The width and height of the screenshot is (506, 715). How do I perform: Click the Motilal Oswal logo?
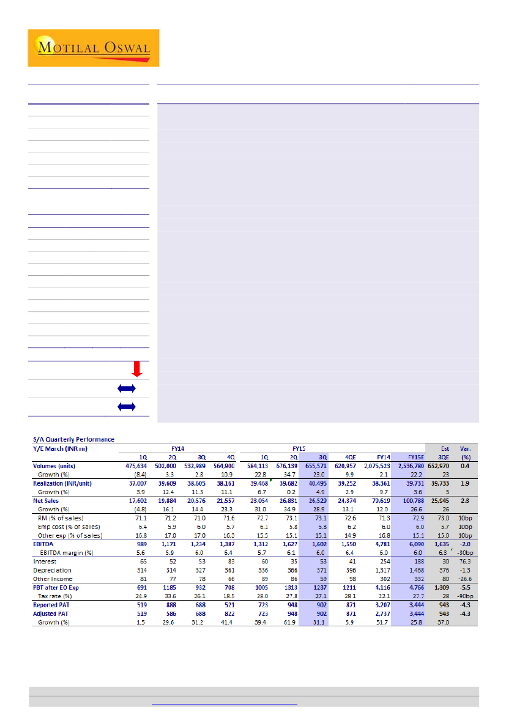click(x=93, y=48)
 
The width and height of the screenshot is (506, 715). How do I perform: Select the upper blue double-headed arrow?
click(x=126, y=388)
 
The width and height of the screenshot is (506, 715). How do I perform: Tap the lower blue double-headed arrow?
click(x=126, y=407)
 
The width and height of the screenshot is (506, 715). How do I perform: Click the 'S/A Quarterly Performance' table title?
click(x=73, y=439)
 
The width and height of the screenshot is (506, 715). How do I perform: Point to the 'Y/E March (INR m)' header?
click(x=60, y=448)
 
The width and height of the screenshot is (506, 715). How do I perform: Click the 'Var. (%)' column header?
click(x=465, y=452)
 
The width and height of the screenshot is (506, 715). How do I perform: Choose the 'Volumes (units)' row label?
click(x=54, y=465)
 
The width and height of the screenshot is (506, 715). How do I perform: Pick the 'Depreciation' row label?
click(x=53, y=570)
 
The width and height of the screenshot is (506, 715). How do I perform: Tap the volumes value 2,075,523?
click(x=376, y=465)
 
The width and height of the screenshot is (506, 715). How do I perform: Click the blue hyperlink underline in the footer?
click(x=224, y=705)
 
